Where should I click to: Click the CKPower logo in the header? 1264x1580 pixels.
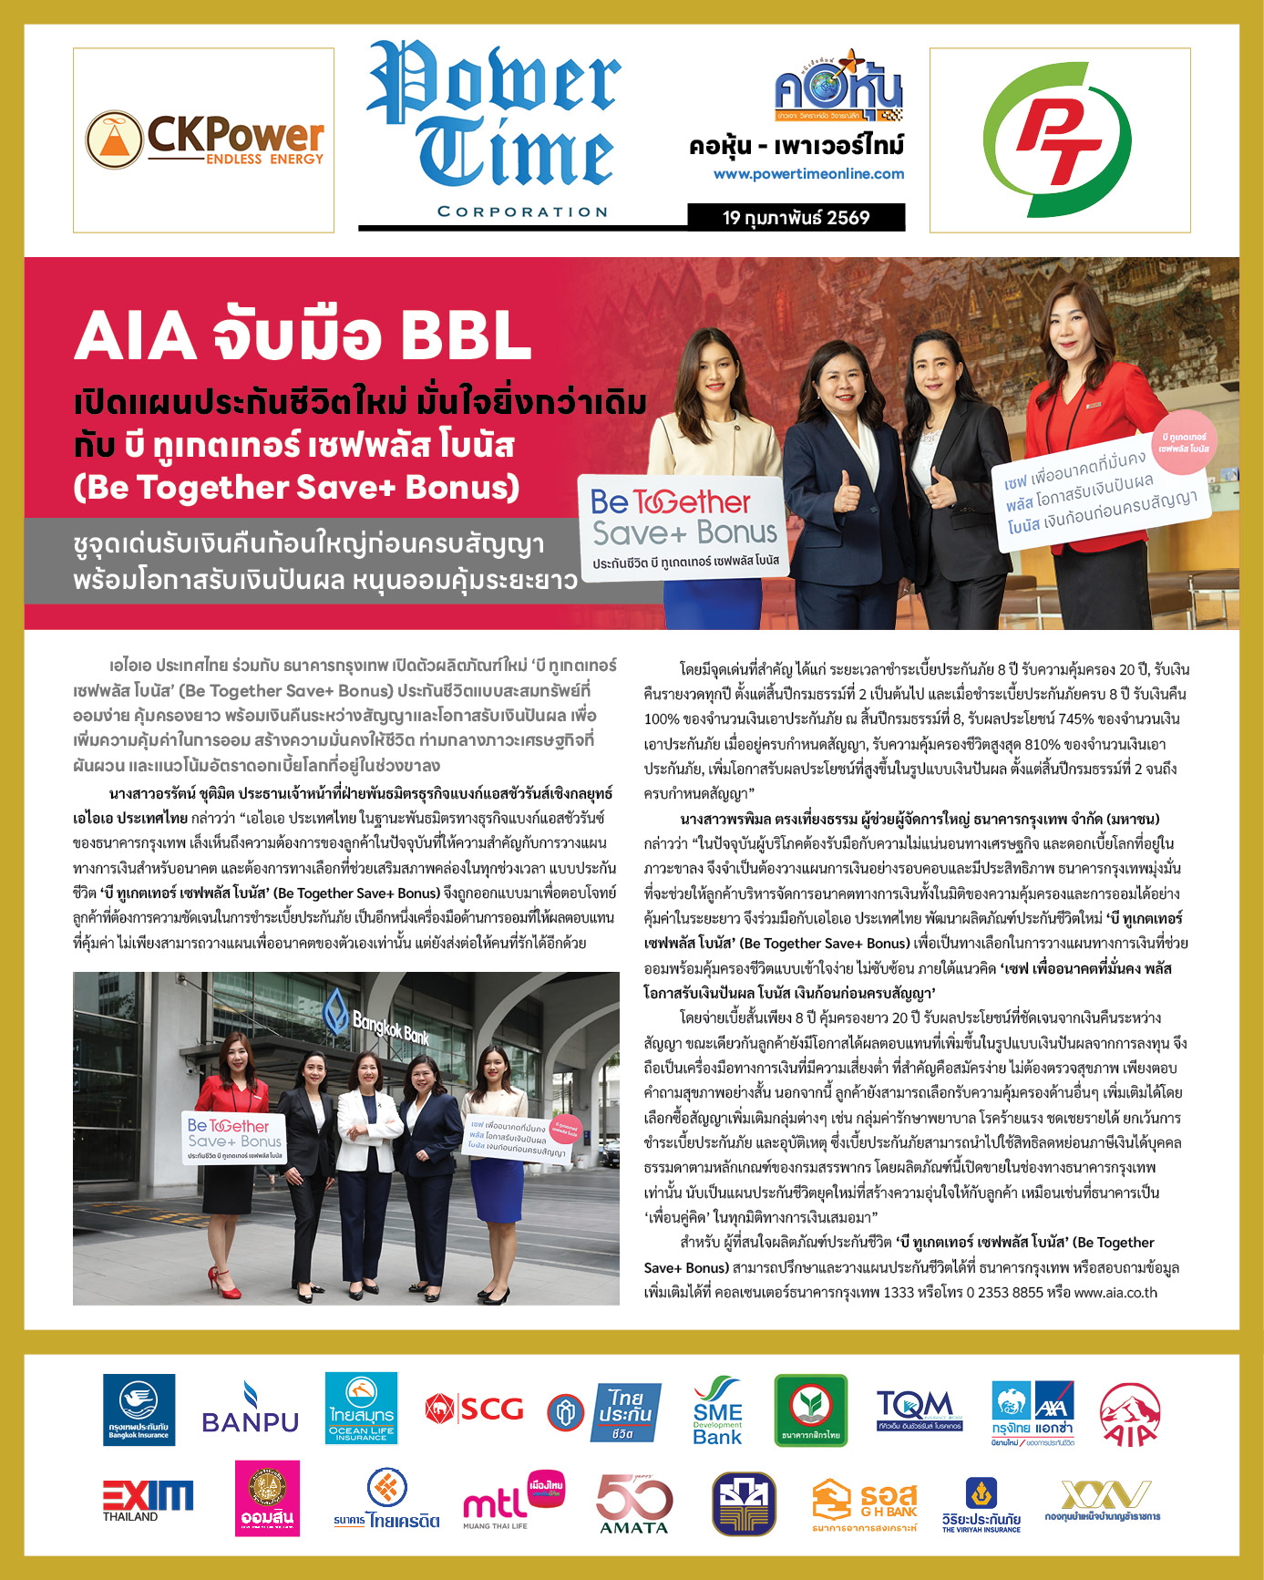[x=204, y=139]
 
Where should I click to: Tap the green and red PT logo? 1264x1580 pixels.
[x=1059, y=139]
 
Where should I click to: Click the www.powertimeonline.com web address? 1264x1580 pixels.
[x=808, y=173]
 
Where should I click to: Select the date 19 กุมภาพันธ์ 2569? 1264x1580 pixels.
[x=796, y=217]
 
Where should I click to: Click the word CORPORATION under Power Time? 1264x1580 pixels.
[x=522, y=212]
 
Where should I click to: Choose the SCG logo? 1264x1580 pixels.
[x=474, y=1409]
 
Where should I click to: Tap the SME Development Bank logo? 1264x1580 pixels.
[x=717, y=1410]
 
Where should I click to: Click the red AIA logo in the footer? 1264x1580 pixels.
[x=1129, y=1413]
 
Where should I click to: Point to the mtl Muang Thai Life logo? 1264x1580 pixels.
[x=513, y=1501]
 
